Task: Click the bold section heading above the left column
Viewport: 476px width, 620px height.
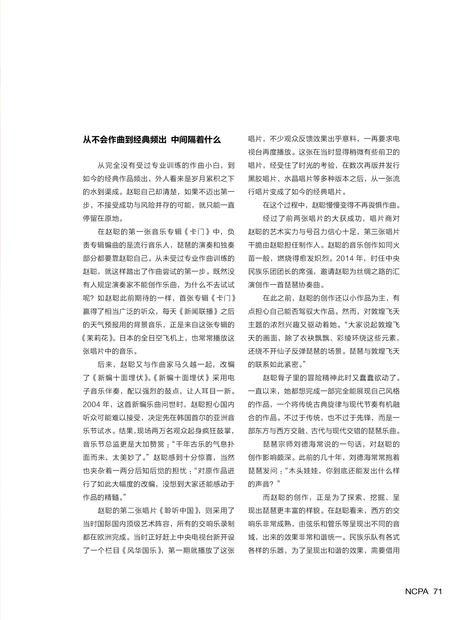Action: [152, 140]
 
